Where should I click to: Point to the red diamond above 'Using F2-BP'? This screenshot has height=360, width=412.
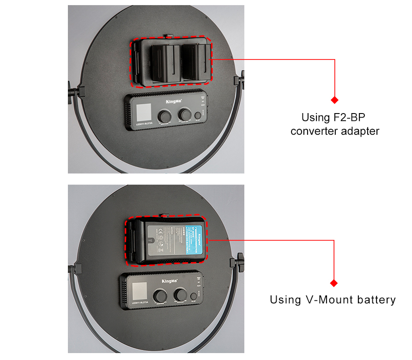click(x=334, y=100)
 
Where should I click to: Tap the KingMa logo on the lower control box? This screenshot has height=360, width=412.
click(x=170, y=280)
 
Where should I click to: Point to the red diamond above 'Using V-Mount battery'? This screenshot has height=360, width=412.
click(x=333, y=283)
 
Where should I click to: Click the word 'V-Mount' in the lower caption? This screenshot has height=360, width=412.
click(x=331, y=300)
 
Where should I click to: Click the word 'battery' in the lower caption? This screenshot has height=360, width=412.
click(x=376, y=300)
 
